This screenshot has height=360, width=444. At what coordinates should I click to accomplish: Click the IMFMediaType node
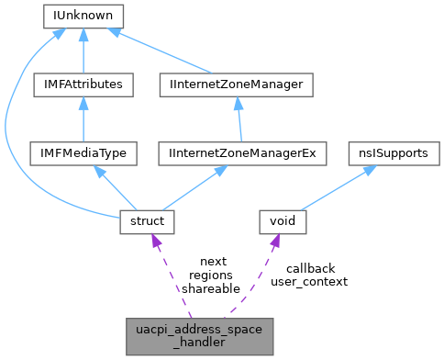(x=83, y=152)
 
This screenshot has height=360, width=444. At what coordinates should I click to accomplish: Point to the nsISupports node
(x=391, y=152)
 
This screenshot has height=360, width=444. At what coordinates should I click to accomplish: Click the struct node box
(x=148, y=220)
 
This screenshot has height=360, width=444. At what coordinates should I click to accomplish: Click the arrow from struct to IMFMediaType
(x=117, y=187)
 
